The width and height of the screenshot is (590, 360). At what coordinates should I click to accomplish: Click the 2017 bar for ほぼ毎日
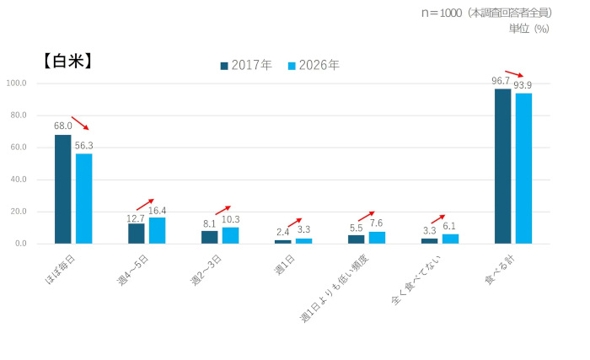(63, 189)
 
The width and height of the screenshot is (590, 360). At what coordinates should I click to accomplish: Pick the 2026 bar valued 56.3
(83, 198)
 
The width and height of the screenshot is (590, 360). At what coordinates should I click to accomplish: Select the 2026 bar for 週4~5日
(157, 230)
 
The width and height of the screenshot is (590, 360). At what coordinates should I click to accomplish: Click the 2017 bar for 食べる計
(502, 166)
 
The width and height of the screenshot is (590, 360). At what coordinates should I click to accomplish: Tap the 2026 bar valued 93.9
(523, 168)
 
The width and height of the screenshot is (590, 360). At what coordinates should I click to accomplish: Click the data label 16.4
(158, 210)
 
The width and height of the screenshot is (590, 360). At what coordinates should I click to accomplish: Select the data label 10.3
(231, 219)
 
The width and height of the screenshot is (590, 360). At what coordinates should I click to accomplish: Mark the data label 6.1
(450, 226)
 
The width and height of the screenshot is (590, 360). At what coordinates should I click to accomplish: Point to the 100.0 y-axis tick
(17, 83)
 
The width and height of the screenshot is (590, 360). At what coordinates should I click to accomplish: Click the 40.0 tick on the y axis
(17, 180)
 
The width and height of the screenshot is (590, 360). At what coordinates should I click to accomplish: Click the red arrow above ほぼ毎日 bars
(81, 124)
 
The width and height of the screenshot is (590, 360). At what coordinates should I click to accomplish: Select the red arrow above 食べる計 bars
(513, 74)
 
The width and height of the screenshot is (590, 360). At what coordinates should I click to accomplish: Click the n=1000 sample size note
(487, 13)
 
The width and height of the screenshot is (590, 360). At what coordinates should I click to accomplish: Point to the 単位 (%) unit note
(529, 29)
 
